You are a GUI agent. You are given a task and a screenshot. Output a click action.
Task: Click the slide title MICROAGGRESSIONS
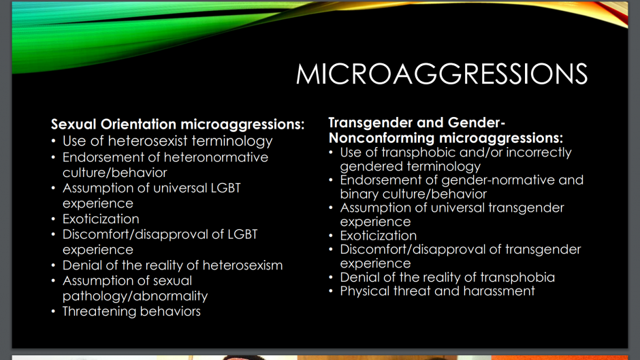coord(442,74)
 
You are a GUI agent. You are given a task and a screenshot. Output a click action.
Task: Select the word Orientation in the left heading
coord(138,124)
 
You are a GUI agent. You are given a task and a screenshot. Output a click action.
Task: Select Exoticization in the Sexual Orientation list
coord(101,218)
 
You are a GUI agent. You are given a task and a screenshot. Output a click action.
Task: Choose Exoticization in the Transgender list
coord(379,235)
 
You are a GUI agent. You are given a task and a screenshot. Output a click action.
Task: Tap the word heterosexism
coord(242,265)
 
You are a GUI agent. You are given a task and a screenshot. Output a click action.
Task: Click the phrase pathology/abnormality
coord(135,296)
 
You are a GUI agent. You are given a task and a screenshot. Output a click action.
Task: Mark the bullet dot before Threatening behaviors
coord(54,312)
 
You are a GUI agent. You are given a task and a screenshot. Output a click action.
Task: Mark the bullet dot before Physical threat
coord(331,291)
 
